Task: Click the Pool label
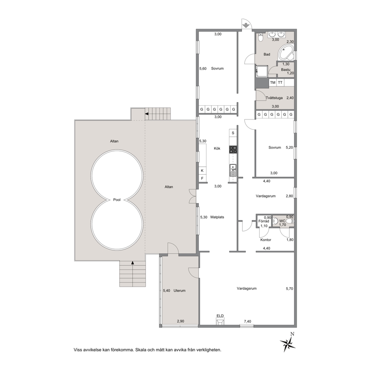click(x=117, y=200)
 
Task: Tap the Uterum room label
click(x=180, y=291)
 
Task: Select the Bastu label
click(x=286, y=70)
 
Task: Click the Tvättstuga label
click(x=274, y=98)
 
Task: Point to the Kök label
click(x=217, y=148)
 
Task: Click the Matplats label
click(x=217, y=217)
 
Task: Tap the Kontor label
click(x=266, y=240)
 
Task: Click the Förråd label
click(x=264, y=221)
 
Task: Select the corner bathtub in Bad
click(x=286, y=53)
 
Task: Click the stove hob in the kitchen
click(x=233, y=150)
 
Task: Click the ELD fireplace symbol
click(x=220, y=321)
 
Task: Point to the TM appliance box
click(x=273, y=83)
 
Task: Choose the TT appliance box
click(x=280, y=83)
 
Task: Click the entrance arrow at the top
click(x=246, y=25)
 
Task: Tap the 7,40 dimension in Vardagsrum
click(x=248, y=321)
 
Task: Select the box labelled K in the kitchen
click(x=202, y=171)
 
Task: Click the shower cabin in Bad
click(x=262, y=71)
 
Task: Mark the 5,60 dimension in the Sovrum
click(x=203, y=68)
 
